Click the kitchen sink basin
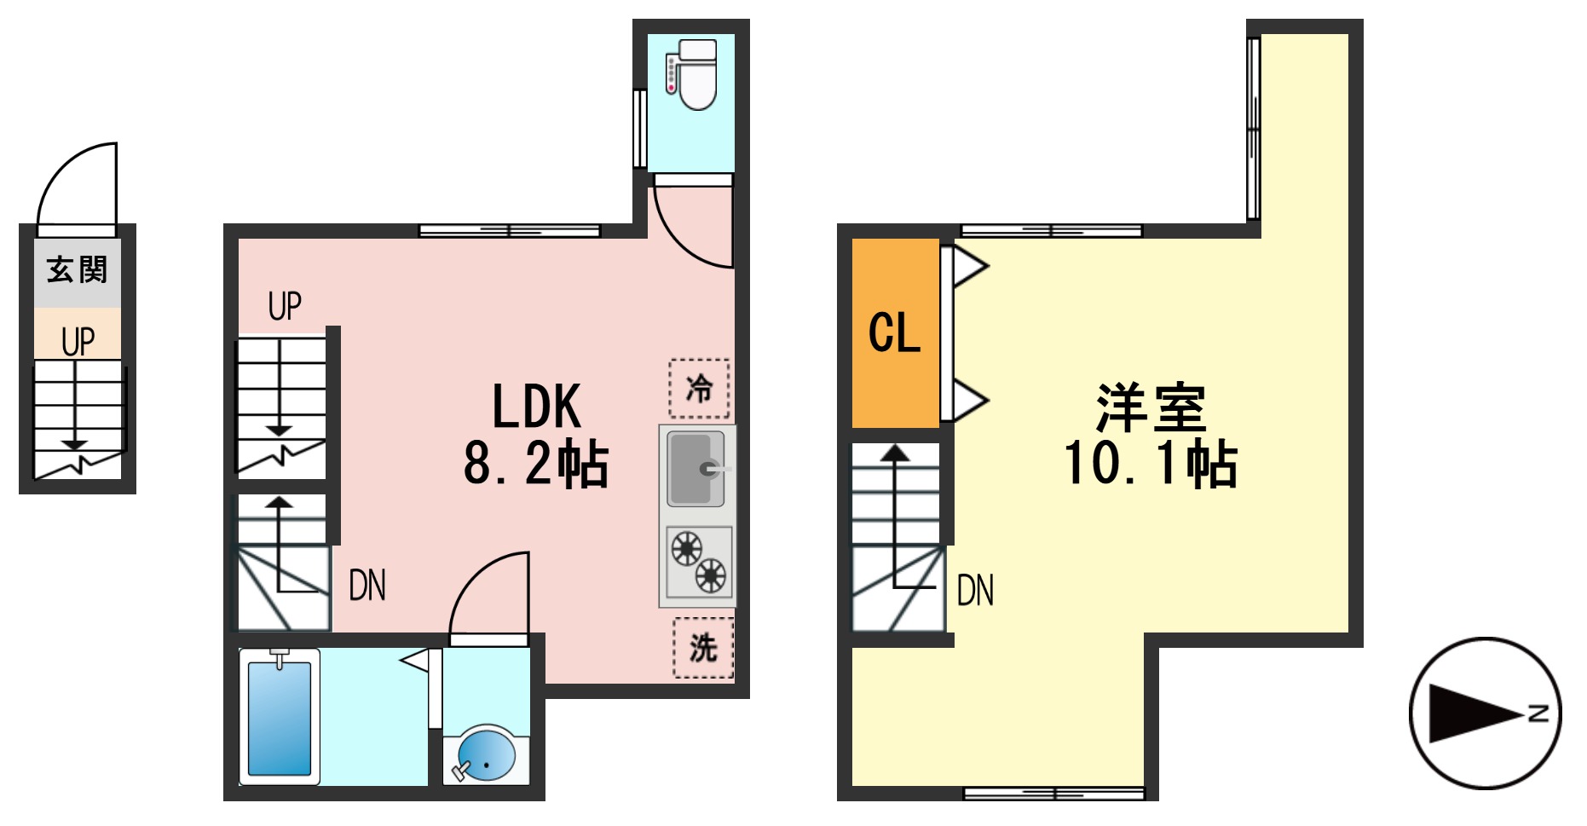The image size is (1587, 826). coord(694,468)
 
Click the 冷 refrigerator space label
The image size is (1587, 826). coord(699,389)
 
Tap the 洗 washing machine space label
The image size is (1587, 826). coord(703,648)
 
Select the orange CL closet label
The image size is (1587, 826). coord(894,332)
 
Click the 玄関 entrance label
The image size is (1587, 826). coord(77,270)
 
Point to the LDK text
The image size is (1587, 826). coord(537,407)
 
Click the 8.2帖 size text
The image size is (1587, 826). coord(536,465)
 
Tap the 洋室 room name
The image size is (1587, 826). coord(1151,408)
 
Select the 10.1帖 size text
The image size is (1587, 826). coord(1151,465)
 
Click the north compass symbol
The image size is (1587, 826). coord(1485,713)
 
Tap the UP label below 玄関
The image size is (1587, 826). coord(78,342)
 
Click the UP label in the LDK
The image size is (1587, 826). coord(285,306)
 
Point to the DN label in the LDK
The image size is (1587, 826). coord(367,586)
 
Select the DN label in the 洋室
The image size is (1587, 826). coord(975,590)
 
